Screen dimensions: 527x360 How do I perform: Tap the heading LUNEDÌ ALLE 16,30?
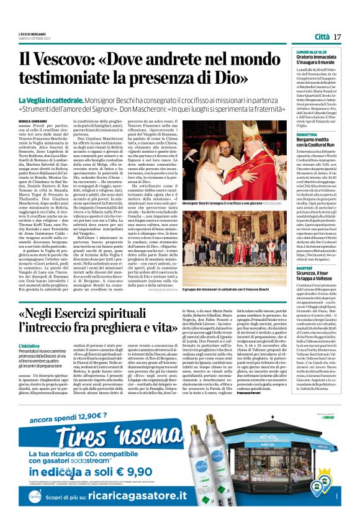coord(302,53)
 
